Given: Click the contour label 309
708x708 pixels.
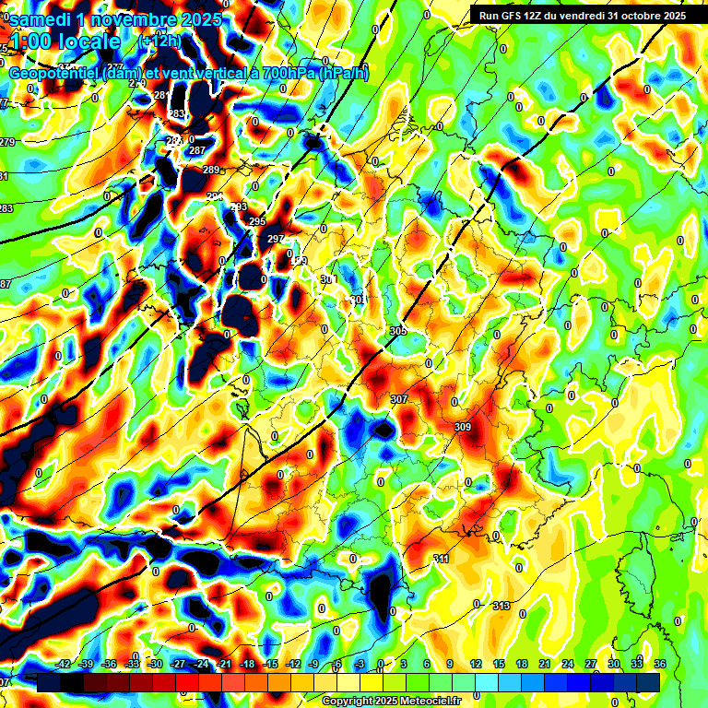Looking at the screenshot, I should click(x=463, y=427).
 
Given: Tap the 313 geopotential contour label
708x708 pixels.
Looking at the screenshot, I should click(x=501, y=606).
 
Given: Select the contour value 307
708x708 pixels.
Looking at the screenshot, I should click(x=399, y=399).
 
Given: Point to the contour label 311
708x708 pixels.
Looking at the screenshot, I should click(x=442, y=560).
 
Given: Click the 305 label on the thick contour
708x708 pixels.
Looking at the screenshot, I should click(x=398, y=331).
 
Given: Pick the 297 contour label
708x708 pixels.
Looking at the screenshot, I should click(x=276, y=240).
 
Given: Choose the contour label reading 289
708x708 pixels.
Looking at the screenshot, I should click(x=211, y=170).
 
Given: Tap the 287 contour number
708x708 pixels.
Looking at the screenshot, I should click(x=197, y=150).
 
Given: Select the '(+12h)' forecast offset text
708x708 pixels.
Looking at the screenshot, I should click(x=159, y=41).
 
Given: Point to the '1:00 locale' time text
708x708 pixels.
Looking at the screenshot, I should click(x=65, y=41).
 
